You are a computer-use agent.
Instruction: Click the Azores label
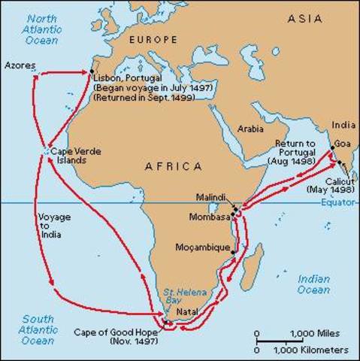click(x=20, y=65)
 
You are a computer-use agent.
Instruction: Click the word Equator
click(x=339, y=202)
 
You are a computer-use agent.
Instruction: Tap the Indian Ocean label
click(x=313, y=284)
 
